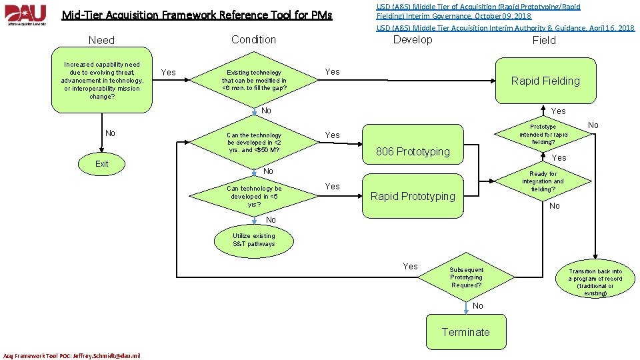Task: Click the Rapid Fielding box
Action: pos(545,81)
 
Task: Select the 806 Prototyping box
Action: pos(412,152)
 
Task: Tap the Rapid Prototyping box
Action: pos(412,196)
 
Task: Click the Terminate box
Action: pos(465,332)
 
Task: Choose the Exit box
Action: pos(101,164)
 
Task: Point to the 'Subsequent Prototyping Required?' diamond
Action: pos(466,278)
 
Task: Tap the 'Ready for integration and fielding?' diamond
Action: pos(543,181)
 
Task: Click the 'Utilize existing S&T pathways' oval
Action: pos(253,240)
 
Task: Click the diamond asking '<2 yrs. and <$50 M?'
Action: pos(254,143)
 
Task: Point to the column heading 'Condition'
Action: pos(253,39)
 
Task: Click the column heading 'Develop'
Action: pos(412,39)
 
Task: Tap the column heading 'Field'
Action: pos(543,40)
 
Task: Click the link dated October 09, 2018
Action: pos(478,11)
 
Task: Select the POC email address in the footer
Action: pos(72,355)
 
